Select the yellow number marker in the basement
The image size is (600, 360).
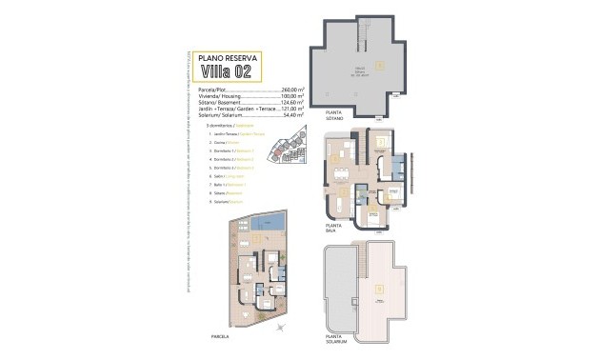pos(381,65)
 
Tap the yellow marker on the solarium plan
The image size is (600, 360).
pos(380,290)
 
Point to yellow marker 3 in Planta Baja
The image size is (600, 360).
pos(379,144)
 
